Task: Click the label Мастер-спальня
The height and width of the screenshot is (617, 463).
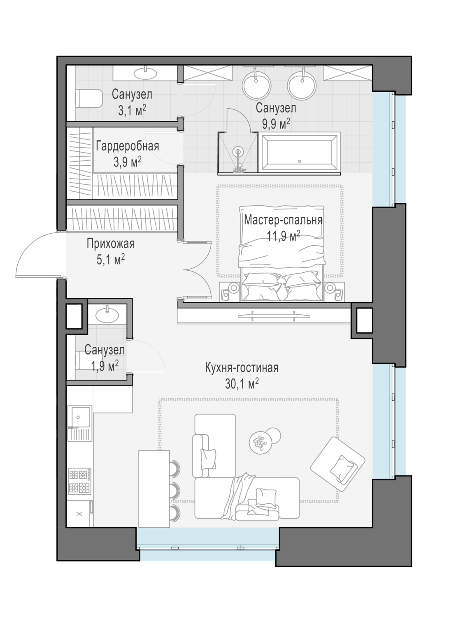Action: pyautogui.click(x=283, y=220)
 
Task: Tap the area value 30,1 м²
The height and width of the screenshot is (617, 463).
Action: pyautogui.click(x=242, y=384)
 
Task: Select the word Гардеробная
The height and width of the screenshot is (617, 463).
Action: pyautogui.click(x=127, y=146)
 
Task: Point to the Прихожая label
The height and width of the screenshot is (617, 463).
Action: pyautogui.click(x=110, y=244)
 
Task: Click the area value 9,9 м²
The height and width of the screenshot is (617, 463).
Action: pyautogui.click(x=276, y=124)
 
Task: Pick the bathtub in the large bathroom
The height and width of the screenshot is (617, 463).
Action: pyautogui.click(x=299, y=153)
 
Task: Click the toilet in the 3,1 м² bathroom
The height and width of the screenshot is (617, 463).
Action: pyautogui.click(x=88, y=98)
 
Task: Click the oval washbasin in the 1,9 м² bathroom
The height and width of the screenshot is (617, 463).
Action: pyautogui.click(x=107, y=315)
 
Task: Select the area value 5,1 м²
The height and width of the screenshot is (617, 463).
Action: pyautogui.click(x=111, y=260)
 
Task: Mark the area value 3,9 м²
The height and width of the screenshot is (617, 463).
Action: pyautogui.click(x=127, y=162)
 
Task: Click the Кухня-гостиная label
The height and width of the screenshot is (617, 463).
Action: pyautogui.click(x=242, y=368)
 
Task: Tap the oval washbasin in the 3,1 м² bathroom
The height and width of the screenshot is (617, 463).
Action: pyautogui.click(x=145, y=73)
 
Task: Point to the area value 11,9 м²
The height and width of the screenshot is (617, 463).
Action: pyautogui.click(x=284, y=236)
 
